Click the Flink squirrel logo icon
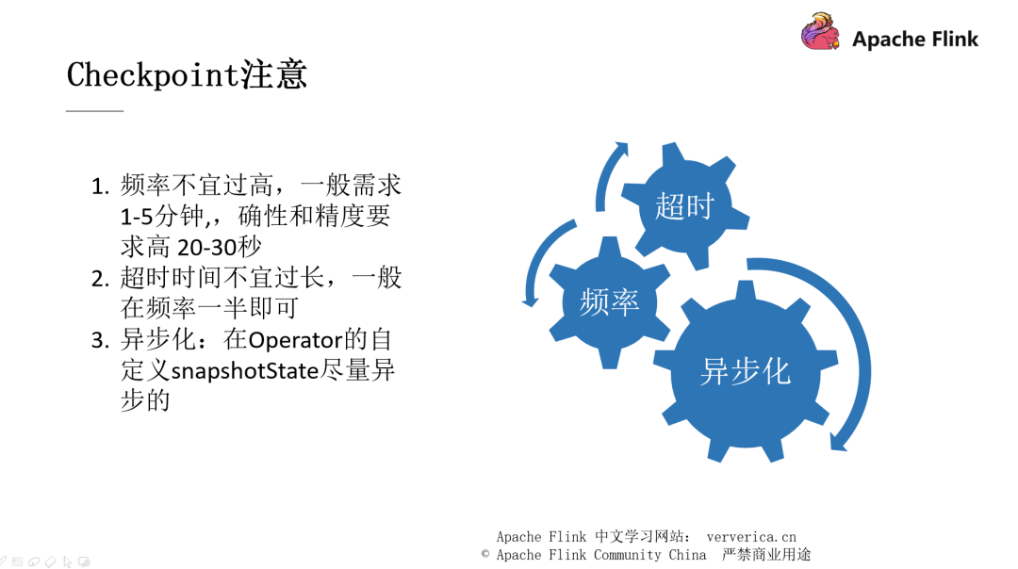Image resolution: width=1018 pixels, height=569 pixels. (x=820, y=32)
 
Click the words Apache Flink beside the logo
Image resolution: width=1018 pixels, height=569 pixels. (x=915, y=40)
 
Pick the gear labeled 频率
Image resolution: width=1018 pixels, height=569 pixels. (x=609, y=301)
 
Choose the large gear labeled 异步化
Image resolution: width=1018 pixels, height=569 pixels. (x=745, y=371)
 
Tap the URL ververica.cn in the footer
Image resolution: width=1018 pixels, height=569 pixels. (x=751, y=537)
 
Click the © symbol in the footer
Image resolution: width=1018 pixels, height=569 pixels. (x=486, y=555)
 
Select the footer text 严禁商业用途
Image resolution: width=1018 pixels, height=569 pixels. (x=766, y=555)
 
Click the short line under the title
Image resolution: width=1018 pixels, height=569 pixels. (x=94, y=111)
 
